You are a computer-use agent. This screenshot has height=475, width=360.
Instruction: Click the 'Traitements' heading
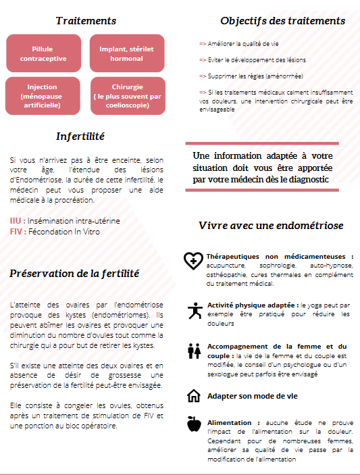click(x=86, y=22)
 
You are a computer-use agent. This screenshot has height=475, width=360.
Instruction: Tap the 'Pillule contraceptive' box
click(x=47, y=53)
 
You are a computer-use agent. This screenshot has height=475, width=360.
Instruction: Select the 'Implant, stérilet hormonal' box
click(x=126, y=53)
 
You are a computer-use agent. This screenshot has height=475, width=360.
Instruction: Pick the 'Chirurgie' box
click(x=126, y=96)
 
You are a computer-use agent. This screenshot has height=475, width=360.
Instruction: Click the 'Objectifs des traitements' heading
click(x=282, y=21)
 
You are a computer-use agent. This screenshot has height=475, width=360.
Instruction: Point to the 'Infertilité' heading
click(x=80, y=136)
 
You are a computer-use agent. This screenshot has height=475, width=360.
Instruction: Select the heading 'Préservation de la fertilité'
click(x=74, y=274)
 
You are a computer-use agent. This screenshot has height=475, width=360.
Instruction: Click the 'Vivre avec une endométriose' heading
click(x=271, y=225)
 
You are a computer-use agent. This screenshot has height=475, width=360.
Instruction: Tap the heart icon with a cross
click(x=194, y=260)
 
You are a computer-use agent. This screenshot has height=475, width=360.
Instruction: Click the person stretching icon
click(x=194, y=309)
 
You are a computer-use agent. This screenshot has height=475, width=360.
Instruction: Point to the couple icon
click(x=194, y=351)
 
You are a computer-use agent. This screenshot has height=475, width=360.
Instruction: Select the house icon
click(x=194, y=395)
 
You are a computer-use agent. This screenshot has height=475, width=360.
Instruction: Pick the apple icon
click(x=194, y=424)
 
